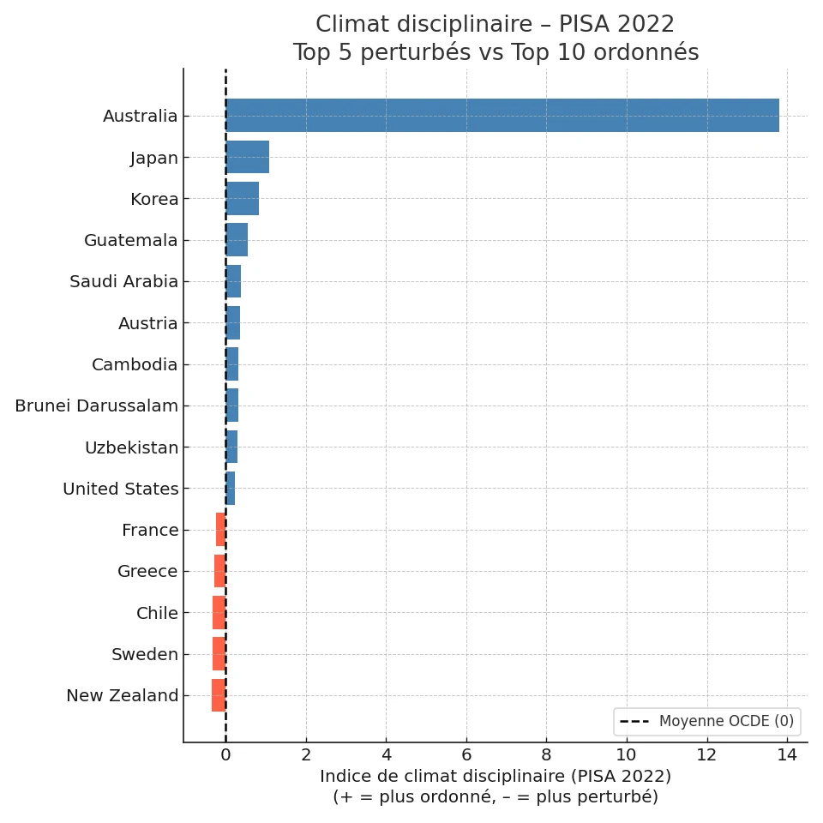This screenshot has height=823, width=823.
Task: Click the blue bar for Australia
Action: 502,116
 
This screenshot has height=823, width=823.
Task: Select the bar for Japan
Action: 248,158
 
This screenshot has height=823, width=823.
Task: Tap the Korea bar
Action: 243,199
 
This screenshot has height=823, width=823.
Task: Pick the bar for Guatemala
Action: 237,240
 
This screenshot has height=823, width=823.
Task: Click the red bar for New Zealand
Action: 219,695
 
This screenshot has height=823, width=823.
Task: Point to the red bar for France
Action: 221,530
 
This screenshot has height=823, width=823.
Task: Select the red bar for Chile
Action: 219,613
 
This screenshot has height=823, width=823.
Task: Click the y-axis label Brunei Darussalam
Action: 96,406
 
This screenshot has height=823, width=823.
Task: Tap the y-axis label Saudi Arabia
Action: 124,282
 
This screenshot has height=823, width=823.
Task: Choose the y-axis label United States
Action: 121,490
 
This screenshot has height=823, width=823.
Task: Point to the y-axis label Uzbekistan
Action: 131,448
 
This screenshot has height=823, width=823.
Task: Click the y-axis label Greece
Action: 147,572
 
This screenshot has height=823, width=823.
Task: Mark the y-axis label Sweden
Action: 145,655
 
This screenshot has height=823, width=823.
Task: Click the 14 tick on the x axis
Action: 787,755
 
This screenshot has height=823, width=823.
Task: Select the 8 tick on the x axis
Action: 546,755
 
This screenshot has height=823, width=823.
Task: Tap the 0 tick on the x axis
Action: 225,755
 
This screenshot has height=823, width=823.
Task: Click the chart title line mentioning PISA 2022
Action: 495,25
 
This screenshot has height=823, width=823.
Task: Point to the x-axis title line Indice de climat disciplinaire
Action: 495,777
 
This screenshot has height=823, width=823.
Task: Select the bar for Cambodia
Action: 232,364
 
